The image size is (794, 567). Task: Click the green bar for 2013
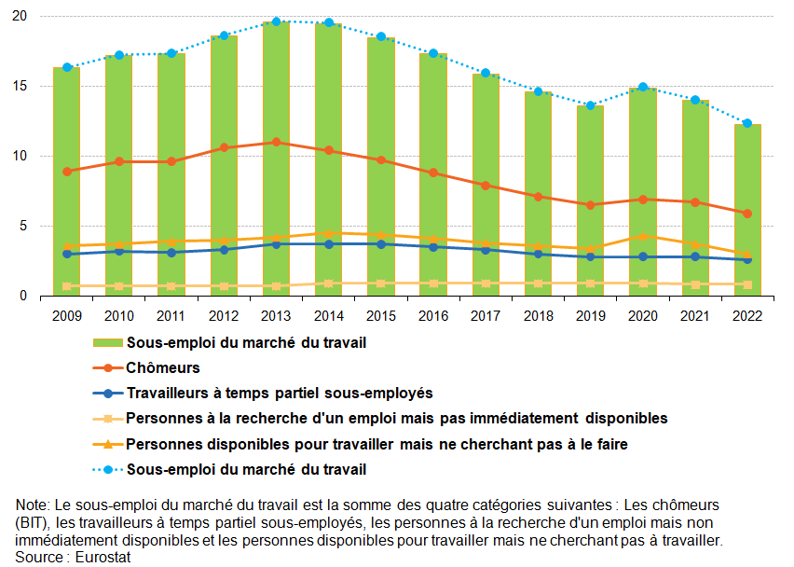coord(276,159)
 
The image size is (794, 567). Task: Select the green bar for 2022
coord(747,210)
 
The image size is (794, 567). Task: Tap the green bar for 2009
coord(66,182)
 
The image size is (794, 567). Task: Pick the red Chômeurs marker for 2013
coord(276,143)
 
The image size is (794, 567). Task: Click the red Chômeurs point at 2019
coord(590,205)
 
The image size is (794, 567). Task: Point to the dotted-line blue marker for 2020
coord(643,87)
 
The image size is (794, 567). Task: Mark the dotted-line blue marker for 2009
coord(66,67)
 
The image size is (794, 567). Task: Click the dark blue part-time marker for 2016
coord(433,247)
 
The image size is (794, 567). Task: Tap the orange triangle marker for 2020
coord(643,236)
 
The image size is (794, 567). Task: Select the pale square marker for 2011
coord(171,286)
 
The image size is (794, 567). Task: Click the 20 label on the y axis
coord(20,17)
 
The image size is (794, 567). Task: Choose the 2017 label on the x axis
coord(486,316)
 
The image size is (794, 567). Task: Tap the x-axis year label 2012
coord(224,316)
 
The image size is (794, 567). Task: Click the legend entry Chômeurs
coord(163,368)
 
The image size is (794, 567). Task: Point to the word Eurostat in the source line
coord(101,557)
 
